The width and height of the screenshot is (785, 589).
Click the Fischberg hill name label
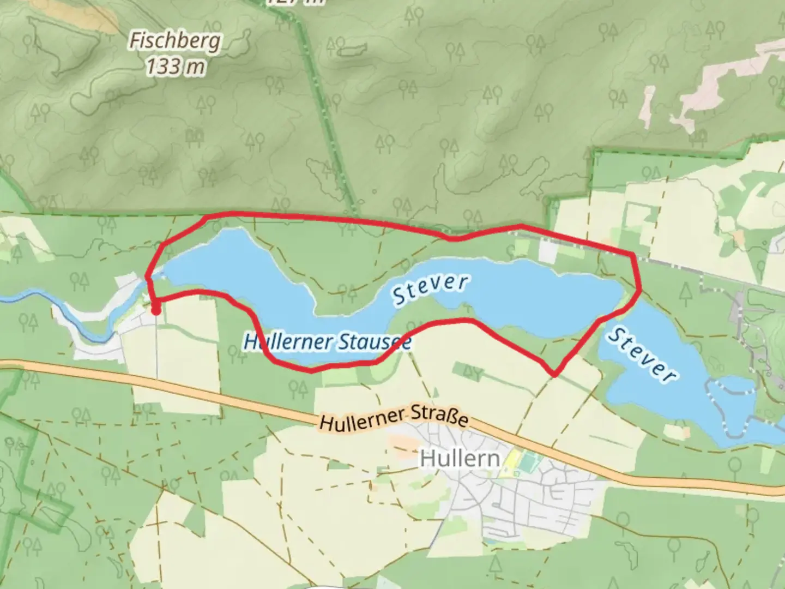click(x=175, y=41)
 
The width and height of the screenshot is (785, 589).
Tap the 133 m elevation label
click(x=176, y=67)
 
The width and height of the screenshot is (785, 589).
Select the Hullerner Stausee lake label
click(x=327, y=342)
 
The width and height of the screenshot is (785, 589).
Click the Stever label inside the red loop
click(x=430, y=289)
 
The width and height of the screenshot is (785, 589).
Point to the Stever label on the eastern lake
click(x=642, y=354)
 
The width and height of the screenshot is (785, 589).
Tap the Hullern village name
click(x=460, y=459)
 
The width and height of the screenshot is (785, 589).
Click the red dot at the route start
click(x=155, y=310)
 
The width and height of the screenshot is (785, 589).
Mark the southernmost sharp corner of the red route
click(x=554, y=374)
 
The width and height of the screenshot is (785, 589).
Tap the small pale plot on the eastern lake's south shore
click(x=677, y=431)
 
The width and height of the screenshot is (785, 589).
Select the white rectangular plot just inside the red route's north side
click(x=548, y=250)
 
